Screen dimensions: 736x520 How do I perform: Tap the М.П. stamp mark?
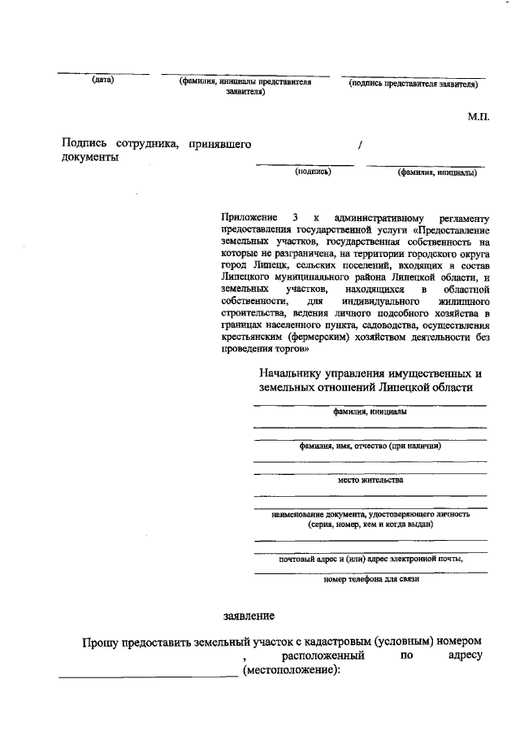478,117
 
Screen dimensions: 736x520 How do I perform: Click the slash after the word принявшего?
360,145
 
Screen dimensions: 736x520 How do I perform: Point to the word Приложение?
247,218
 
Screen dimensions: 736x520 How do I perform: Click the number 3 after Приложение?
295,218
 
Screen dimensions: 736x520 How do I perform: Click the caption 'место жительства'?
370,480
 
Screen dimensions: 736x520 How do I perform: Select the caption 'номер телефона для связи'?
370,580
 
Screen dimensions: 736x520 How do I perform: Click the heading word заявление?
249,616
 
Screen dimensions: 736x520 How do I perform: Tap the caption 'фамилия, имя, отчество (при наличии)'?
370,446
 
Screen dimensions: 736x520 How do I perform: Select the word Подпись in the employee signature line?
85,144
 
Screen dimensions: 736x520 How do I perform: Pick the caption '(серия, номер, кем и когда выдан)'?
370,525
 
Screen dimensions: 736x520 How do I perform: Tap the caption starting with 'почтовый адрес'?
370,559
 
